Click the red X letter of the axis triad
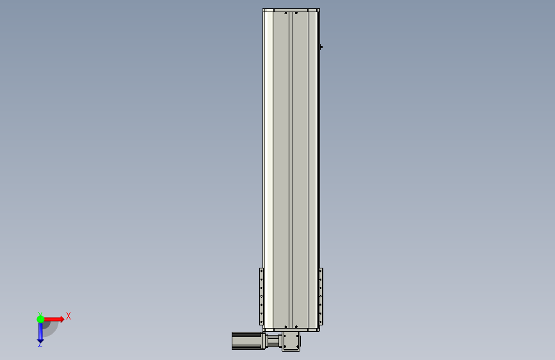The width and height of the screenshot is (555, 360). pyautogui.click(x=68, y=316)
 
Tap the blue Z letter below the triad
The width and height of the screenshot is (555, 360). pyautogui.click(x=40, y=345)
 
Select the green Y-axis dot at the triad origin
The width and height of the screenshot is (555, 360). pyautogui.click(x=40, y=319)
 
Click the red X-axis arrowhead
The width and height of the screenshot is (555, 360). pyautogui.click(x=61, y=319)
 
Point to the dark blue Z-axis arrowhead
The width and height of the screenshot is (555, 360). pyautogui.click(x=40, y=341)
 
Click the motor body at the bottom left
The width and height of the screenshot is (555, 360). pyautogui.click(x=248, y=341)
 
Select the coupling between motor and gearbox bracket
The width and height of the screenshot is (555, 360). pyautogui.click(x=273, y=341)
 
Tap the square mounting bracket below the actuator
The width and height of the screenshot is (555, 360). pyautogui.click(x=291, y=341)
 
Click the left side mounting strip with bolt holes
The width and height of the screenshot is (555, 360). pyautogui.click(x=262, y=297)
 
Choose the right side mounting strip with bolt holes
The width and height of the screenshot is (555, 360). pyautogui.click(x=321, y=297)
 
